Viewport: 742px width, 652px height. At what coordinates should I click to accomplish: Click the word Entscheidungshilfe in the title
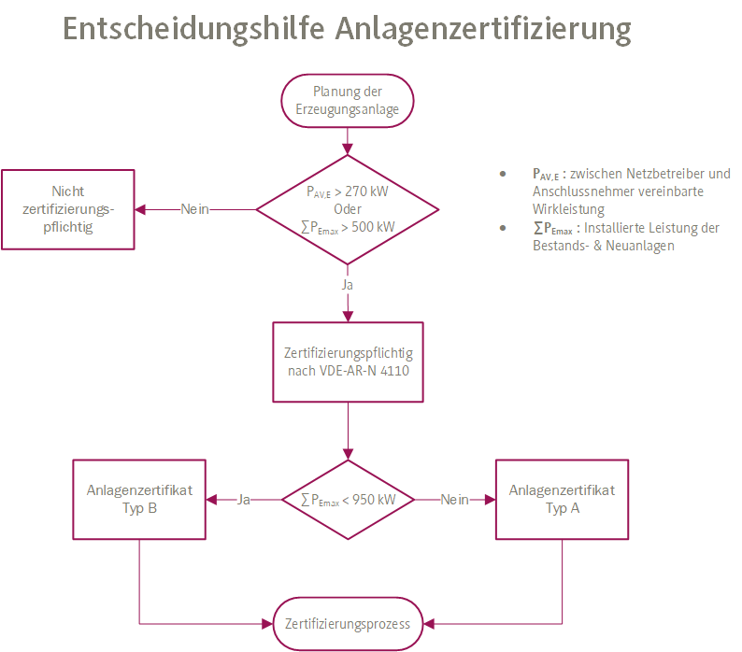(192, 29)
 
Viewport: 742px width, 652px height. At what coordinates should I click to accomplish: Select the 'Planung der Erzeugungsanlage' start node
(348, 100)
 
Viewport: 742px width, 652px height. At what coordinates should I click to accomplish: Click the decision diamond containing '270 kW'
(348, 209)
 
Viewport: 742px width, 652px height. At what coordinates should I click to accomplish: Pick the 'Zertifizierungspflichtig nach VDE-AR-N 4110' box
(348, 362)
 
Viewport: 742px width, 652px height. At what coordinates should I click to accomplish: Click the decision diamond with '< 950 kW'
(348, 500)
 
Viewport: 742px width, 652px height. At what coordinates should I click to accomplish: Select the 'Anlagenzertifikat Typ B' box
(139, 500)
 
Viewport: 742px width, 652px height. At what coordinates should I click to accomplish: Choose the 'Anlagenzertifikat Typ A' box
(562, 500)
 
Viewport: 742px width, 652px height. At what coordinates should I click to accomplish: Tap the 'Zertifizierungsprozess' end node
(348, 623)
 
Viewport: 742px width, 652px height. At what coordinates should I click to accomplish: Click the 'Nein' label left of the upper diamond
(195, 209)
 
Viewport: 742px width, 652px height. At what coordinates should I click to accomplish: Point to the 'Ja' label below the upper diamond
(348, 282)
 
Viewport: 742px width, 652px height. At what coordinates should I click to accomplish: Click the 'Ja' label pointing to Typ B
(244, 500)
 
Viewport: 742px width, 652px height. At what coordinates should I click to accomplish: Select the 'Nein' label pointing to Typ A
(454, 500)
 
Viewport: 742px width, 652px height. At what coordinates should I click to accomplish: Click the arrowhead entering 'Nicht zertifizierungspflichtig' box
(140, 209)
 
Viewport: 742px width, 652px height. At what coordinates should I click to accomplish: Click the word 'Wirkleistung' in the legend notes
(568, 208)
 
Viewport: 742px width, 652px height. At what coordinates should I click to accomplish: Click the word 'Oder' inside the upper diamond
(348, 209)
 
